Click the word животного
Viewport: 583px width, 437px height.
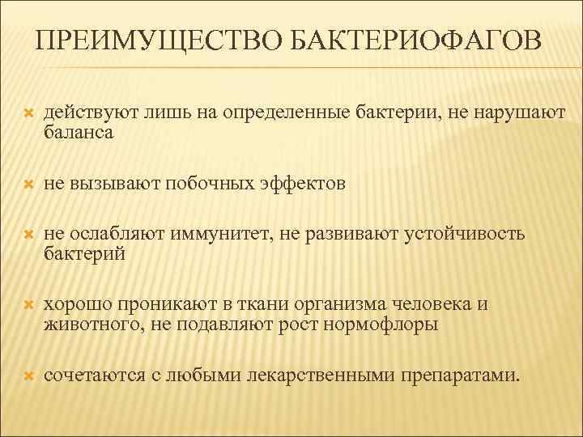click(x=87, y=325)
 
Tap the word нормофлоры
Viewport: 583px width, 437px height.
click(x=386, y=325)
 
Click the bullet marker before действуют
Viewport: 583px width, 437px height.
click(x=28, y=115)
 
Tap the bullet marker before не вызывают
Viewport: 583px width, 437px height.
click(x=28, y=185)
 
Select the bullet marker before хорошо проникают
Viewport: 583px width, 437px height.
click(x=28, y=306)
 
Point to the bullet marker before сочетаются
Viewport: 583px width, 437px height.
click(x=28, y=376)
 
